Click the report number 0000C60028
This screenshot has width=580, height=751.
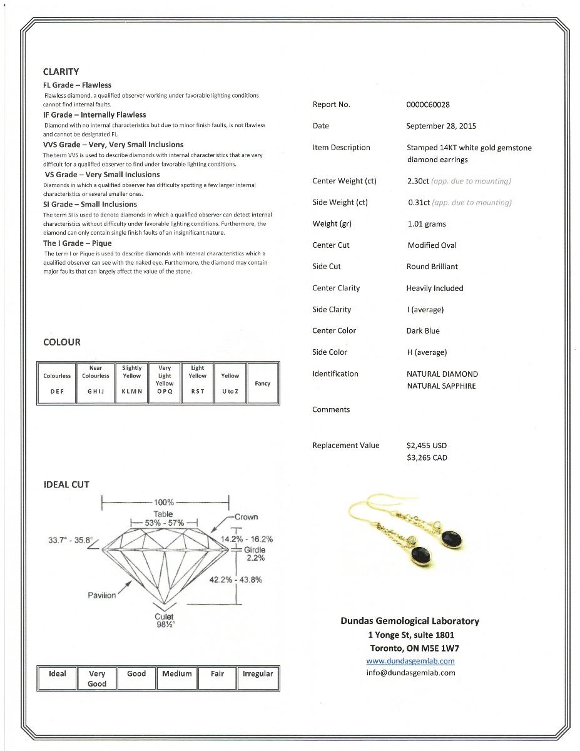point(428,105)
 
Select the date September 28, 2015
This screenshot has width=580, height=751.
point(440,126)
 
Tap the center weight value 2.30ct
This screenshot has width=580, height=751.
point(417,181)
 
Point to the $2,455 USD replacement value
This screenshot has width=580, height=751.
point(426,446)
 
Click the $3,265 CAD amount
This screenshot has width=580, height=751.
point(427,457)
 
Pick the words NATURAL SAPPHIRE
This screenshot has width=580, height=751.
point(441,386)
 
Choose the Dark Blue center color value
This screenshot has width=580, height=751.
point(423,331)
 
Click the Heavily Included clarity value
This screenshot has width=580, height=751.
point(434,289)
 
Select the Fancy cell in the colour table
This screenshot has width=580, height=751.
point(263,384)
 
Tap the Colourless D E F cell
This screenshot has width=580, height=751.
point(57,383)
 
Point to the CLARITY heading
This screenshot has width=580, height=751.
point(61,72)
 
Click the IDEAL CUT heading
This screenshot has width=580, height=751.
point(66,484)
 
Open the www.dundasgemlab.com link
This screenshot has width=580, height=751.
point(410,661)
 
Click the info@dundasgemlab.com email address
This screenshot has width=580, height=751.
point(410,673)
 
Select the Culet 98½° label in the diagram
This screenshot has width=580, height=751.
point(165,620)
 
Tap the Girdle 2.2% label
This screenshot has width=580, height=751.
point(255,553)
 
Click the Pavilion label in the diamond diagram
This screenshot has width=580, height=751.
point(101,595)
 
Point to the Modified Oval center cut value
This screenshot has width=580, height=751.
point(432,245)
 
